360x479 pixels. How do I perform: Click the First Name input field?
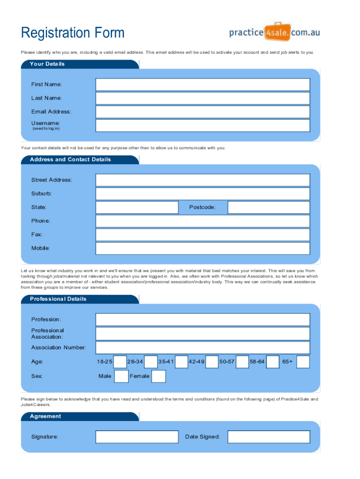coord(202,85)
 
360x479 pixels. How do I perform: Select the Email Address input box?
coord(202,112)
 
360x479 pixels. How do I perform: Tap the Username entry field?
coord(202,125)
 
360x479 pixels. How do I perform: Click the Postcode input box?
coord(268,207)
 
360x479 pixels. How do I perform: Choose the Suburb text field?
coord(202,194)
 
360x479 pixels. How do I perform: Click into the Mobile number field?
coord(202,248)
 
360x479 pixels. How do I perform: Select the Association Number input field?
coord(202,348)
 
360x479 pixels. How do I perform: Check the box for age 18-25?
coord(120,362)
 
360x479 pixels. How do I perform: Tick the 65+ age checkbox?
coord(303,362)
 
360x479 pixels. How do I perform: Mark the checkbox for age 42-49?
coord(212,362)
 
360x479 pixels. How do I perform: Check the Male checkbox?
coord(121,376)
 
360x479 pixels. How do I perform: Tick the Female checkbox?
coord(158,376)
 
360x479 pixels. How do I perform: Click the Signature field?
coord(137,437)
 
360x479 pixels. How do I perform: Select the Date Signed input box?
coord(268,437)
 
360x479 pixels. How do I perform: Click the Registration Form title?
coord(73,33)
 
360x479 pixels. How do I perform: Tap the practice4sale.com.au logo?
coord(274,32)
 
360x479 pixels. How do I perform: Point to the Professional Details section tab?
coord(58,299)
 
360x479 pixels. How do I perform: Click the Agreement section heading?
coord(45,416)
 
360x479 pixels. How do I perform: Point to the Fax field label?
coord(37,234)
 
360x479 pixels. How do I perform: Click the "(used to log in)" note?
coord(46,129)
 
